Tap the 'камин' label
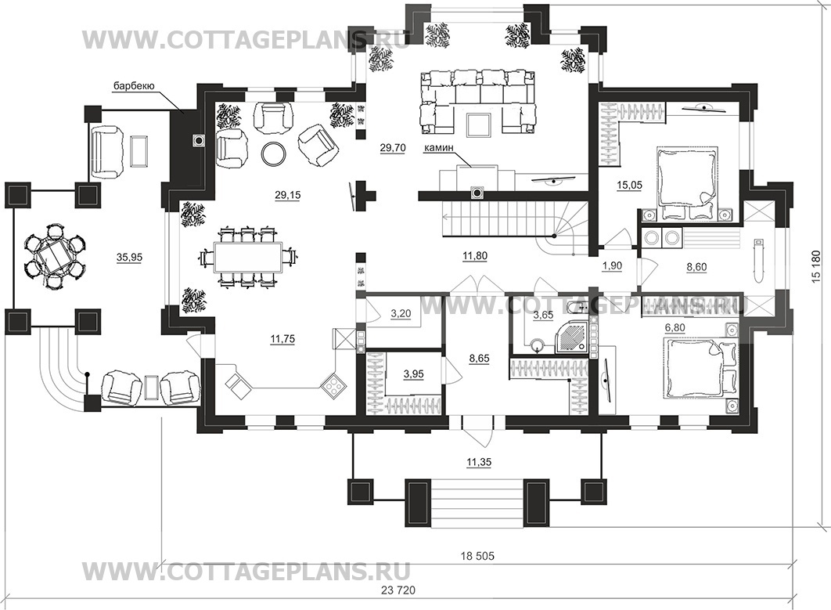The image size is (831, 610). (437, 149)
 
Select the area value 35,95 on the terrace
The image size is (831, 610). (129, 258)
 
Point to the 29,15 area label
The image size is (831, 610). (288, 195)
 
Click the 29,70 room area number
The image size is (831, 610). (393, 148)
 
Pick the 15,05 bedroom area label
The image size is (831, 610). (629, 185)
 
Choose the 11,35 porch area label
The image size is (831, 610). (479, 463)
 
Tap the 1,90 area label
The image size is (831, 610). (612, 265)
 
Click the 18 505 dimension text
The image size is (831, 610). (477, 556)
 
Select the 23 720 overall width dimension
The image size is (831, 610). (398, 590)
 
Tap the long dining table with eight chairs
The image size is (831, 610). (246, 258)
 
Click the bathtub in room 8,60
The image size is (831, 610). (758, 262)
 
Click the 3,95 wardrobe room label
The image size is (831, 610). (413, 374)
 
